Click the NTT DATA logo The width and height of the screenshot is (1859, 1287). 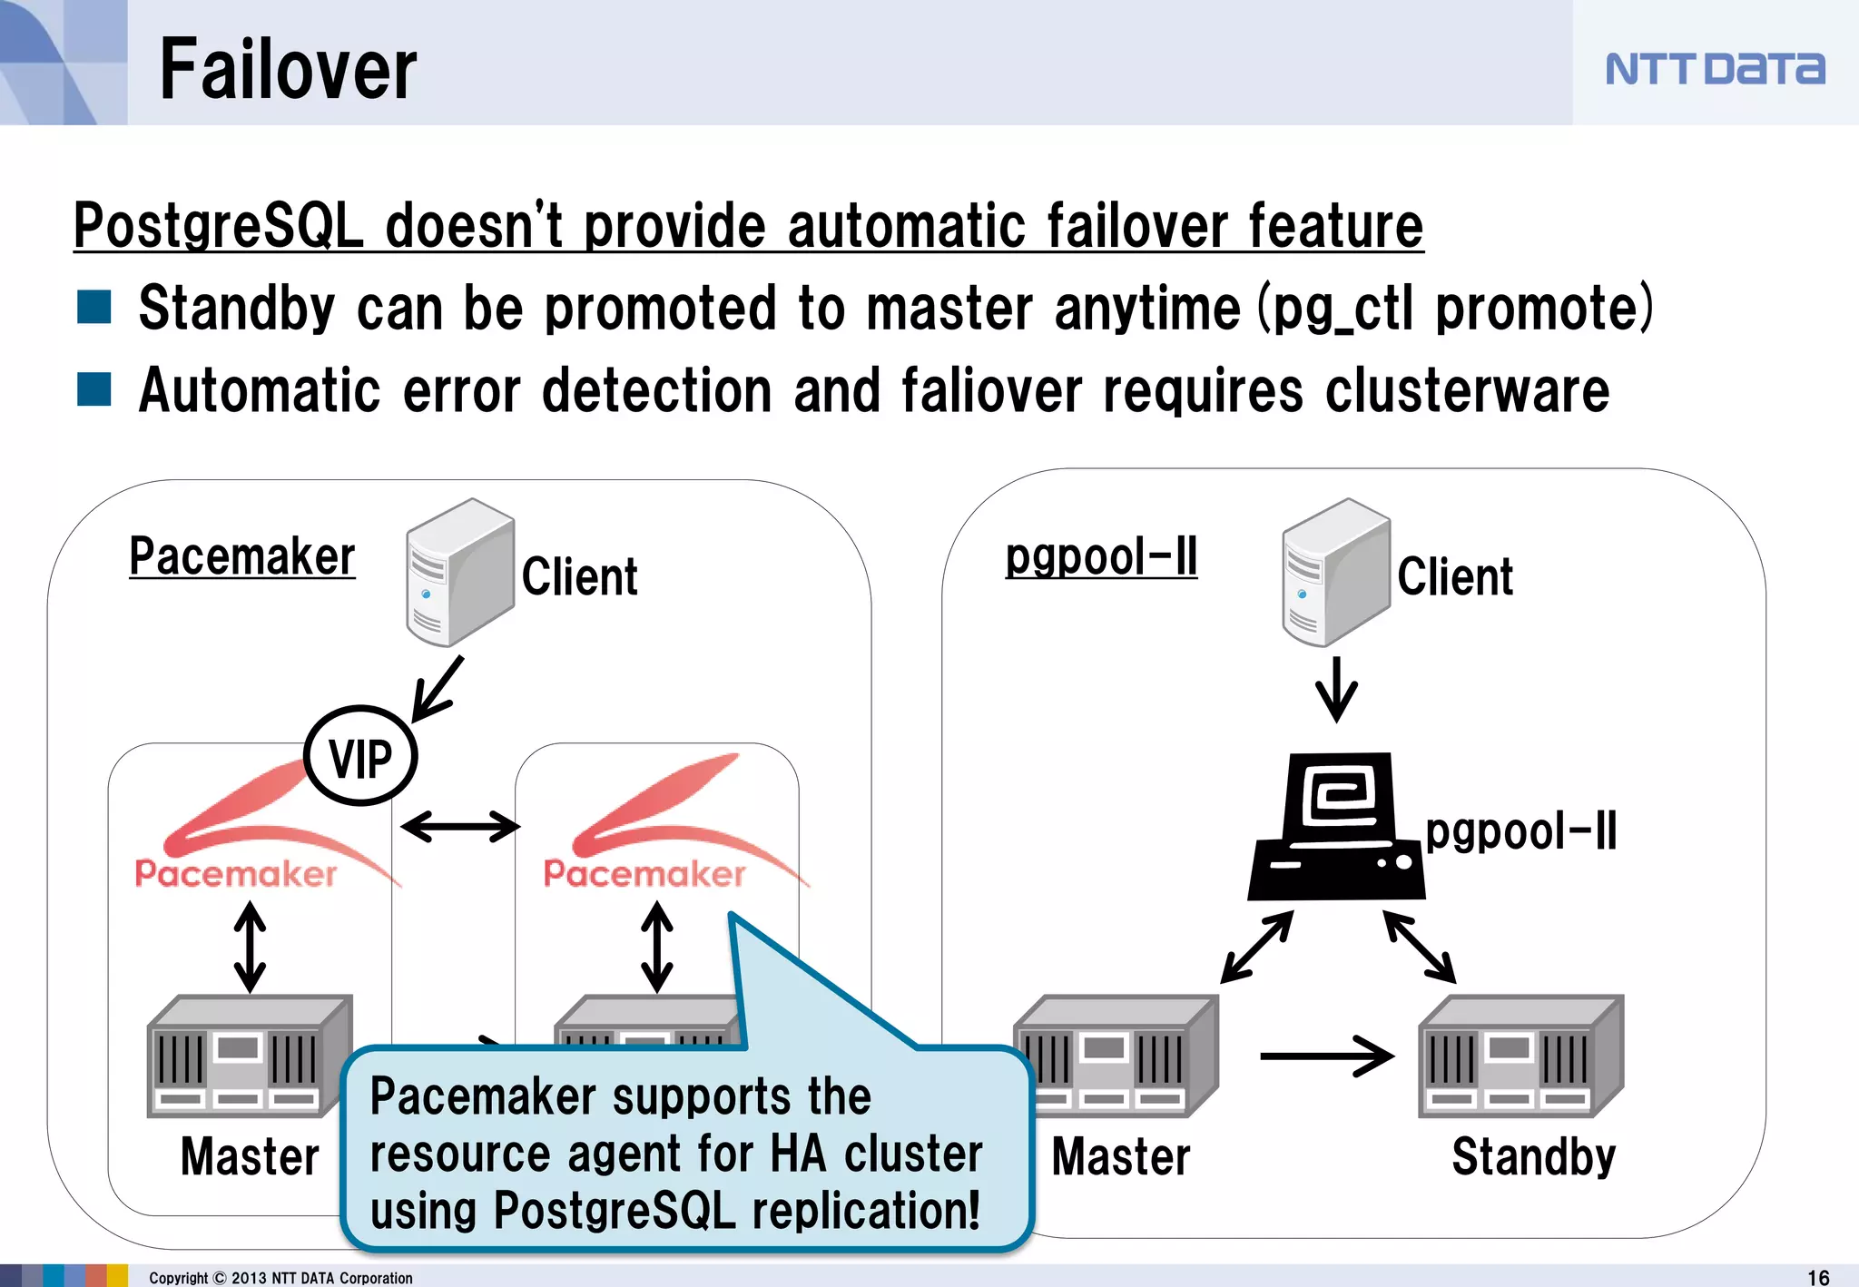(x=1714, y=69)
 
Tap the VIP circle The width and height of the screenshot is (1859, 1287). (x=360, y=756)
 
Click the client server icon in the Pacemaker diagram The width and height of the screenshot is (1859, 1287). (x=459, y=572)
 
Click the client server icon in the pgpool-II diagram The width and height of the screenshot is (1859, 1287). (x=1335, y=572)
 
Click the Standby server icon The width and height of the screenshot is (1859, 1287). (x=1520, y=1056)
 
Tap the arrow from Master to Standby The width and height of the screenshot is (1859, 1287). (x=1326, y=1056)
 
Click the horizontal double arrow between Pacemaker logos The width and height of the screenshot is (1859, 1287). (x=460, y=826)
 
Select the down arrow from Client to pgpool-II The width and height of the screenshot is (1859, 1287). (x=1336, y=689)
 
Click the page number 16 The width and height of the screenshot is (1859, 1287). (x=1818, y=1277)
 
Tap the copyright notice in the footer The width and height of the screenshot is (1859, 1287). (x=280, y=1277)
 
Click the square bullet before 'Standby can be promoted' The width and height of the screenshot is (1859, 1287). (x=94, y=307)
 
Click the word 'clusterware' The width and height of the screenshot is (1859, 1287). (x=1467, y=390)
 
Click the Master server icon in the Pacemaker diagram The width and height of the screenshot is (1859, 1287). (x=249, y=1056)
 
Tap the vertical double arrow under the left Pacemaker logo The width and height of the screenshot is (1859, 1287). (x=250, y=947)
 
